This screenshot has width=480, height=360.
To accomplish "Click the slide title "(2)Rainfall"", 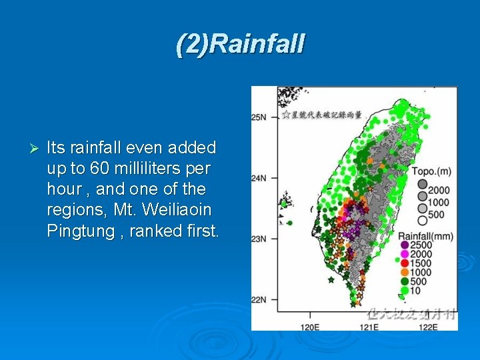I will point(240,44).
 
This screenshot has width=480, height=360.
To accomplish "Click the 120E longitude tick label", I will point(310,327).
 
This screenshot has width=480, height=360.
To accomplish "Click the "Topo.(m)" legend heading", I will point(431,172).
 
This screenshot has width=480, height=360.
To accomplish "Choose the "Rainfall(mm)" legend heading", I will point(425,236).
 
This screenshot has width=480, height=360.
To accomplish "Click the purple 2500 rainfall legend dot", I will point(405,245).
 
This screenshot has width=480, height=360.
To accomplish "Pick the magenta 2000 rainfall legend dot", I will point(405,254).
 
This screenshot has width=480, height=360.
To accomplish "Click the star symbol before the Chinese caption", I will point(285,115).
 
